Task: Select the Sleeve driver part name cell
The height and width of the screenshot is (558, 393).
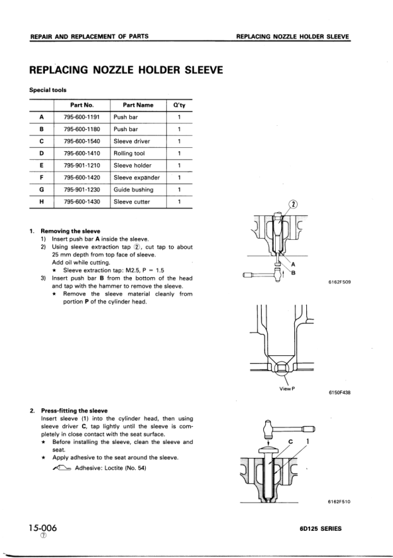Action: tap(132, 141)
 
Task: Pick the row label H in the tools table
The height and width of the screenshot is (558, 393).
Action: tap(42, 201)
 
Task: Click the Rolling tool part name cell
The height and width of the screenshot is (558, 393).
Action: tap(130, 153)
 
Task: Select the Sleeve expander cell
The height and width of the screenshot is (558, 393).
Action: tap(136, 178)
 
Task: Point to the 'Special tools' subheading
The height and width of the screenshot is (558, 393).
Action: tap(48, 90)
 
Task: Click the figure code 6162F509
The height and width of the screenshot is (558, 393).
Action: tap(339, 281)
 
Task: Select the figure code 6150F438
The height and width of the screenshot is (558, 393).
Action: tap(339, 392)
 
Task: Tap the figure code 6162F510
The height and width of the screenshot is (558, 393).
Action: tap(339, 501)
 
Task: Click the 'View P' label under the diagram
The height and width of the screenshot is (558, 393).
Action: tap(286, 388)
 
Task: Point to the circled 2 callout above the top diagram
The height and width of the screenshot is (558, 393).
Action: tap(276, 204)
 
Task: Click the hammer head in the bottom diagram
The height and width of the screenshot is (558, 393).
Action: tap(268, 429)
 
